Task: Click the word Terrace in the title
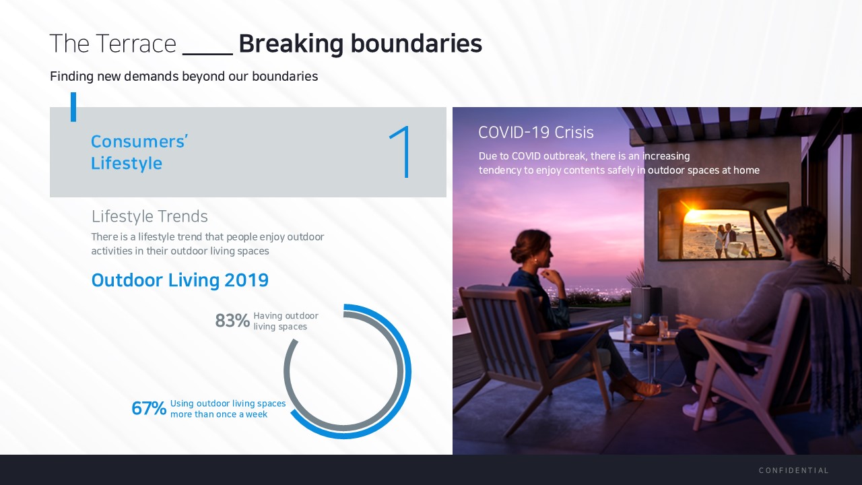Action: click(x=137, y=44)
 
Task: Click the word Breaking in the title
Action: click(x=291, y=44)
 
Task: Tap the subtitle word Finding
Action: click(x=71, y=77)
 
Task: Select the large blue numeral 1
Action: click(x=400, y=152)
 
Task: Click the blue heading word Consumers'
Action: click(x=139, y=141)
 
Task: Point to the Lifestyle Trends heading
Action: click(x=150, y=216)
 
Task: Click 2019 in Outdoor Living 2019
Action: click(x=246, y=280)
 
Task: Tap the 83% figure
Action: click(x=232, y=321)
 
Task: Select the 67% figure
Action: click(x=149, y=408)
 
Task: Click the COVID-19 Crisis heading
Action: click(x=535, y=133)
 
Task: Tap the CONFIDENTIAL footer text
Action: click(x=793, y=470)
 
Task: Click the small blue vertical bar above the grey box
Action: click(x=73, y=107)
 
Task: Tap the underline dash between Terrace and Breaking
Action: click(x=207, y=54)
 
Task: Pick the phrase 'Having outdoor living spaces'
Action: click(x=286, y=321)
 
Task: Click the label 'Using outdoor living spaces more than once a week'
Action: click(x=228, y=409)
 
